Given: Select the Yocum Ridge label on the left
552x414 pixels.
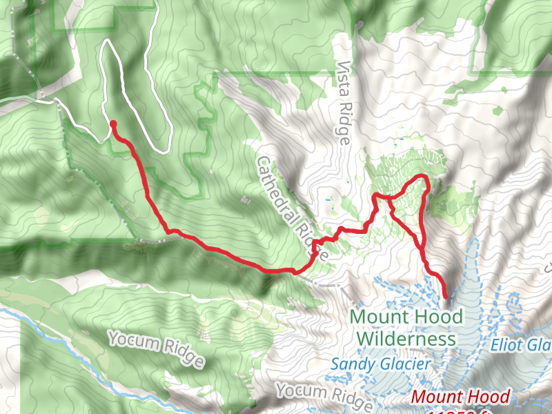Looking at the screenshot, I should pos(156,348).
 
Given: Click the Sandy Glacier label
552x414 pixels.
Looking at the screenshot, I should pos(381,363).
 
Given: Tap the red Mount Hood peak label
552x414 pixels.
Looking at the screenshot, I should pos(460,397).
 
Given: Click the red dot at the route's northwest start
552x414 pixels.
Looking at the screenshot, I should pos(112,124).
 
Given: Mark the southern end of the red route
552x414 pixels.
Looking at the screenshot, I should pos(446,297).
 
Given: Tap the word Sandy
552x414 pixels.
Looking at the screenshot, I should pos(352,363).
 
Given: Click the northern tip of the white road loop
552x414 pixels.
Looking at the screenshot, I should pos(106,41).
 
